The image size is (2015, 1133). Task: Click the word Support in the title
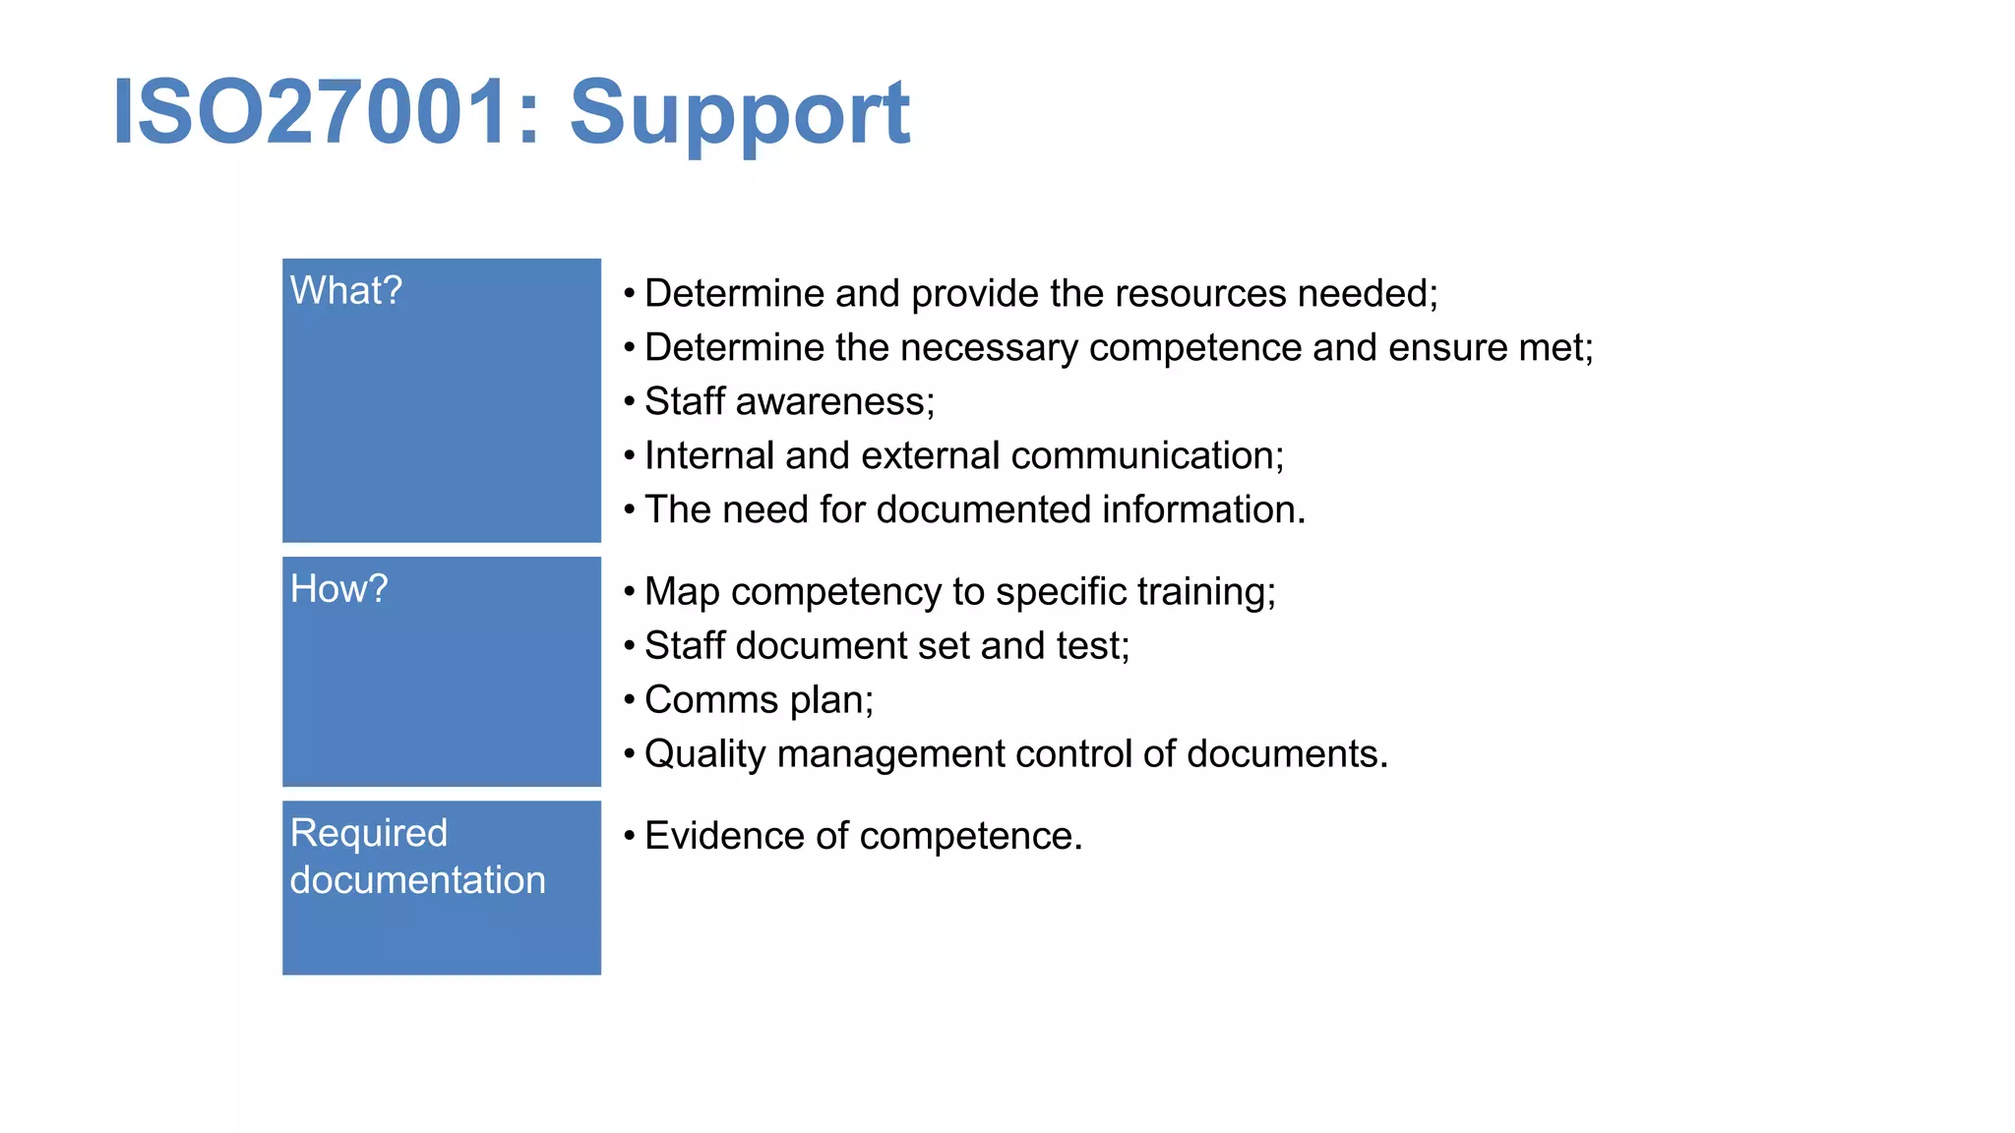739,113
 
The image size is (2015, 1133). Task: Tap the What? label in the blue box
346,291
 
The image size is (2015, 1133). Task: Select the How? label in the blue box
338,589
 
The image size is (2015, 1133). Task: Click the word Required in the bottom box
369,833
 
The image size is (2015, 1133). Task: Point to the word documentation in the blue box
417,880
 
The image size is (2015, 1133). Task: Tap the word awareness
834,402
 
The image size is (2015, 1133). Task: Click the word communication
1146,456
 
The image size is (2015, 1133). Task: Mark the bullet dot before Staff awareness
629,402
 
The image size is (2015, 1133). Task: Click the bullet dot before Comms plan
629,700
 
